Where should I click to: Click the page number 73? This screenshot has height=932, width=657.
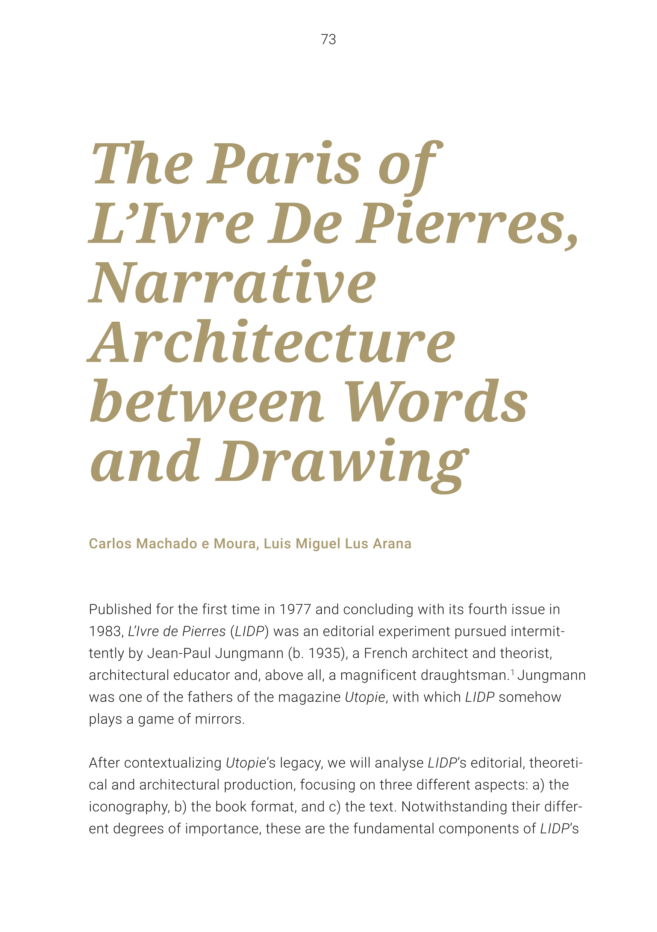(x=328, y=39)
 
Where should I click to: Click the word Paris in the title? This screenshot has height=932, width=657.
(x=284, y=163)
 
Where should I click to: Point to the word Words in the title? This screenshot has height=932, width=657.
(x=436, y=401)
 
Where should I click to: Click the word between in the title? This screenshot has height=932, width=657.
(x=207, y=401)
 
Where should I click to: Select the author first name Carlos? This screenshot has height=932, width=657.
(x=107, y=543)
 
